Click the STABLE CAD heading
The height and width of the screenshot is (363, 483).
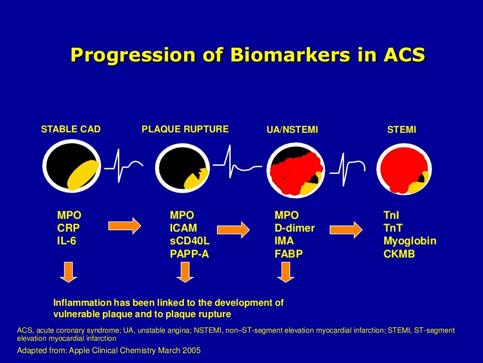point(71,129)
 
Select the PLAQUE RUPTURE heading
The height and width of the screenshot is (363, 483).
point(185,129)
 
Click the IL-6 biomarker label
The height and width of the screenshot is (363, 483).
point(67,241)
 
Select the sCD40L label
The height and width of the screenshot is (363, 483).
point(190,241)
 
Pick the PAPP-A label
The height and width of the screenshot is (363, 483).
point(189,254)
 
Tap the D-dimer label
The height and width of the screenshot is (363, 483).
point(294,228)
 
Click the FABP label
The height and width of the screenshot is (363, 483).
point(288,254)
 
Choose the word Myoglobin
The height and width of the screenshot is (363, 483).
point(409,241)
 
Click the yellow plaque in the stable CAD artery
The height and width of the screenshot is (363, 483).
point(83,174)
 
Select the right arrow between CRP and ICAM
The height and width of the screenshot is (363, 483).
point(125,225)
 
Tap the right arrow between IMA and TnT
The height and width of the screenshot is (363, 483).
point(346,229)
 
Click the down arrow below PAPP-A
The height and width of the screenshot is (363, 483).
point(185,272)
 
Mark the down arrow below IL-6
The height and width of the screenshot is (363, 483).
point(69,272)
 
